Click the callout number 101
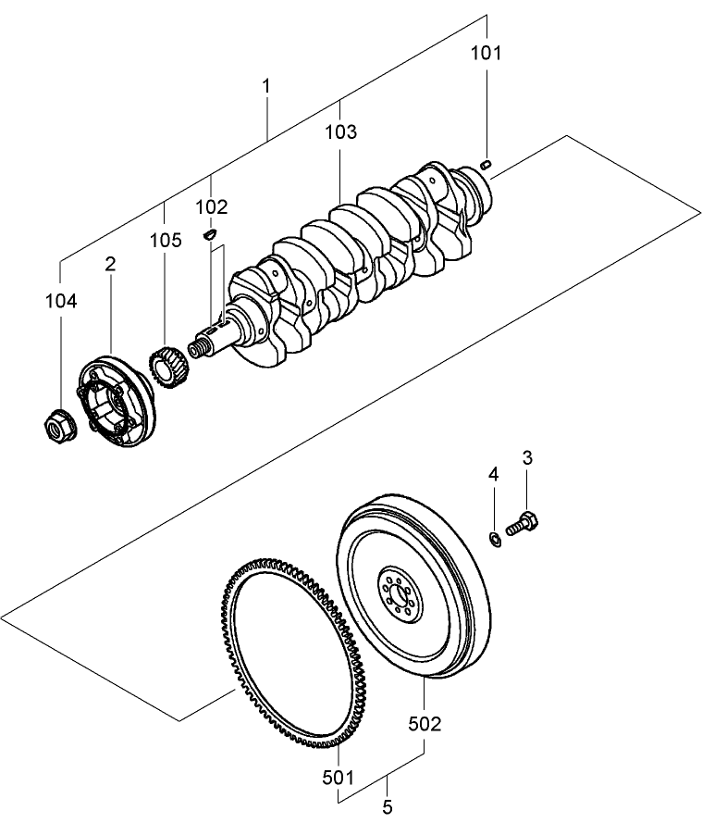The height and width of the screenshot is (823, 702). click(486, 53)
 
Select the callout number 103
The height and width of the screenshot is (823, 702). click(340, 132)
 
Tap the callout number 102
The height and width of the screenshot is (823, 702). click(212, 206)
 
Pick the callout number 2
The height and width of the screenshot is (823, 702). click(111, 264)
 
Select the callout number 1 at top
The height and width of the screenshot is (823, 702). click(266, 86)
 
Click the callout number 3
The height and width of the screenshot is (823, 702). click(527, 456)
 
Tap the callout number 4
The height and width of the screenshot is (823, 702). click(494, 474)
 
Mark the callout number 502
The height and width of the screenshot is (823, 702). click(424, 723)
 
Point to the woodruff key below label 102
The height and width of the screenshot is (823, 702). click(210, 235)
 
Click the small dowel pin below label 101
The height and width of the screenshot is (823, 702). click(486, 165)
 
